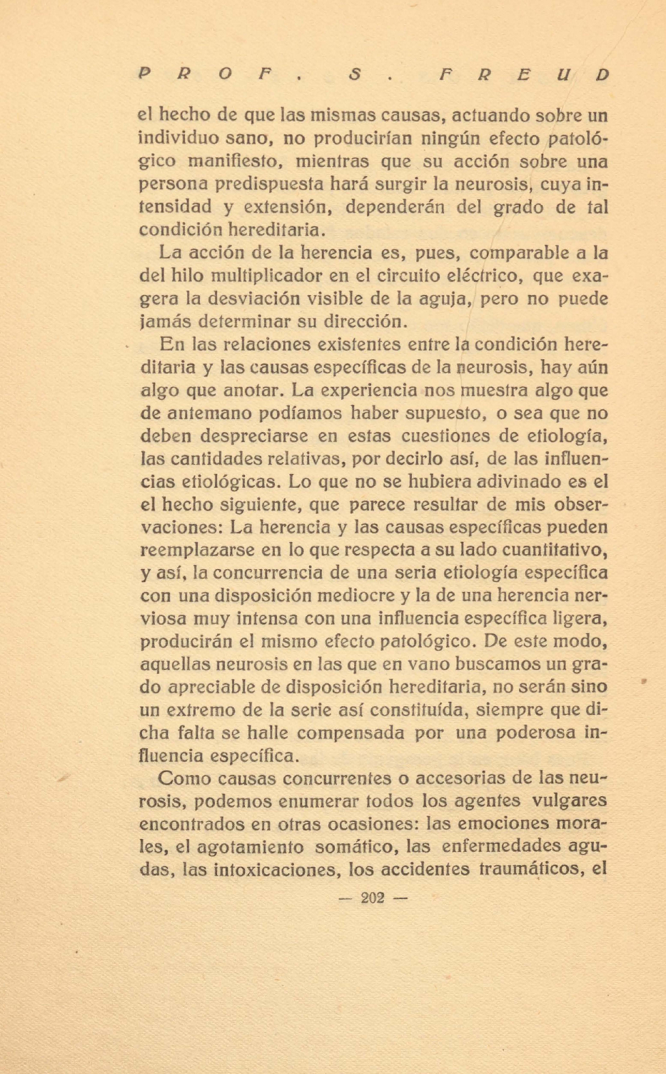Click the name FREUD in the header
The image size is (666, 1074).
521,74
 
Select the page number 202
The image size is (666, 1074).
372,898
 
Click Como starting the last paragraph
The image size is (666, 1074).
185,778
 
